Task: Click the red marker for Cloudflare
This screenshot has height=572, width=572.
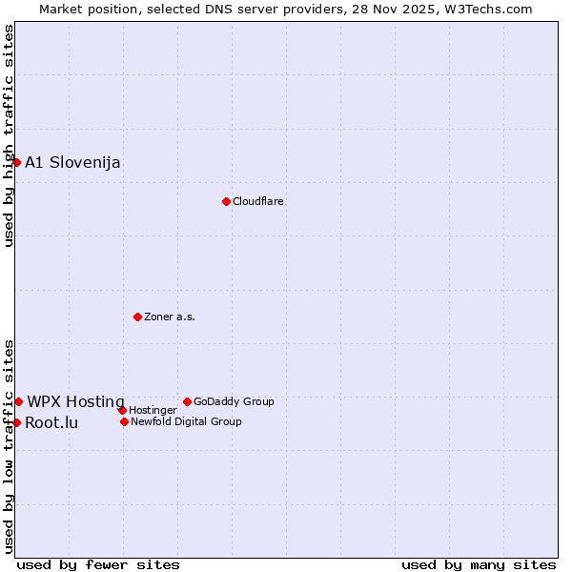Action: (x=226, y=201)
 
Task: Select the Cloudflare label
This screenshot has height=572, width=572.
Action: (x=258, y=201)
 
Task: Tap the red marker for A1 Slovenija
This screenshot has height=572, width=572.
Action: (x=16, y=162)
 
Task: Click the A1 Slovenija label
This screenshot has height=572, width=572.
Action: (x=72, y=162)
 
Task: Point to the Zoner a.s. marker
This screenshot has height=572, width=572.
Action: (x=137, y=317)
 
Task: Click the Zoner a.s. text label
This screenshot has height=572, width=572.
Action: (x=170, y=317)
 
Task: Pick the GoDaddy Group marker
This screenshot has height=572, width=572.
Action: (x=187, y=401)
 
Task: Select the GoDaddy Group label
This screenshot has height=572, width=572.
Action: (x=234, y=401)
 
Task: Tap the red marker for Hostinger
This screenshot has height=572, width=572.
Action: (x=122, y=410)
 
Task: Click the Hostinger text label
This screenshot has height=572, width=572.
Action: (x=153, y=411)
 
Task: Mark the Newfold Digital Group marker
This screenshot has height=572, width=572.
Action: (x=124, y=421)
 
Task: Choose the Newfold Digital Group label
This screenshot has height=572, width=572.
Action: (x=186, y=421)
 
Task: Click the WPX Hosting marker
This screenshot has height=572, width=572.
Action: (x=18, y=401)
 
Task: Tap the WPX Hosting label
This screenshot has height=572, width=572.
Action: (x=75, y=401)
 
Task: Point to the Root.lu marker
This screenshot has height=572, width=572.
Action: (x=16, y=422)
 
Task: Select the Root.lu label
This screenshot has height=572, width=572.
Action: (x=51, y=422)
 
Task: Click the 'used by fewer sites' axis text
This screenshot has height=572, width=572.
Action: (x=98, y=564)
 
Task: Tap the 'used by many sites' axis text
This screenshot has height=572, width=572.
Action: (x=479, y=564)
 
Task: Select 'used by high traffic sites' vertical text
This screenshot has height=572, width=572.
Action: (x=9, y=136)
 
